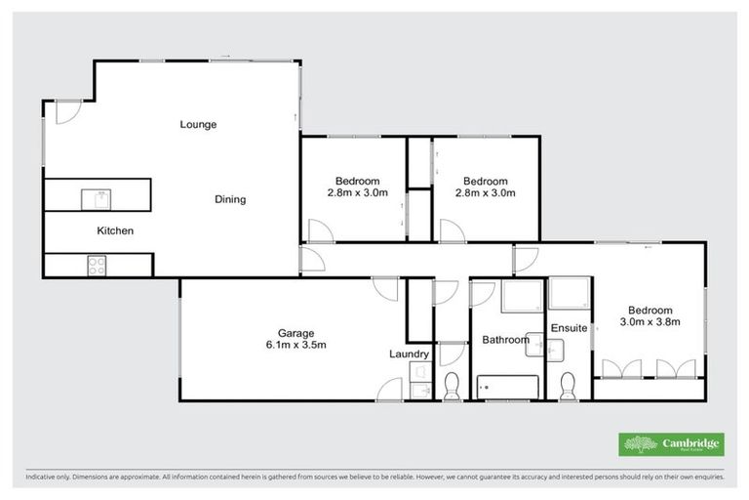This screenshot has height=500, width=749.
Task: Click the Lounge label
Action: click(x=198, y=125)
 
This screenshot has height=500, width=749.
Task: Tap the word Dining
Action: click(x=230, y=200)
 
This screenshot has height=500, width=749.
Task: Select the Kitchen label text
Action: click(x=114, y=231)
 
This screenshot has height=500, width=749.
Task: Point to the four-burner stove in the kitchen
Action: click(x=98, y=264)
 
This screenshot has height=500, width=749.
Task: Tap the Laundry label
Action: click(x=408, y=354)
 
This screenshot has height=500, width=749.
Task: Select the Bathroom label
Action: click(x=505, y=340)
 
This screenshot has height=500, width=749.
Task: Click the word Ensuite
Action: click(x=569, y=328)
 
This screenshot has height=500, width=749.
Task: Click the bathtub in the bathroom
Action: click(x=507, y=387)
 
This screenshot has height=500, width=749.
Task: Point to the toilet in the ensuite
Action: click(x=570, y=386)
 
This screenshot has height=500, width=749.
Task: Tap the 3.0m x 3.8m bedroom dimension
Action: click(x=649, y=320)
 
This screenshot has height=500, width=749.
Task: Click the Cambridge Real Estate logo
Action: click(x=671, y=443)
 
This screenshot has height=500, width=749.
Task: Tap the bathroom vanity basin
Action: click(x=534, y=343)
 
